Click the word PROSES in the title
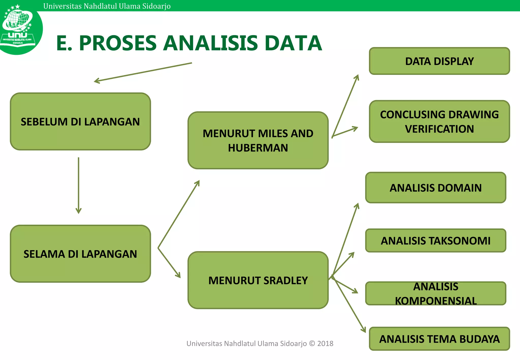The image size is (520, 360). pos(118,43)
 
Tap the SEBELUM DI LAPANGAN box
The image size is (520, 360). pos(80,121)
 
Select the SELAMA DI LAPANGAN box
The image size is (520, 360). pos(80,254)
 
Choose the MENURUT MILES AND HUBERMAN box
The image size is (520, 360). pos(258,140)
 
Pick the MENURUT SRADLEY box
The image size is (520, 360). pos(258,280)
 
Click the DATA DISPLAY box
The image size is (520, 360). pos(439,61)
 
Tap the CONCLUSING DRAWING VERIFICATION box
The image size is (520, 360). pos(439,121)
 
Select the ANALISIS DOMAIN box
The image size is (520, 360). pos(435,188)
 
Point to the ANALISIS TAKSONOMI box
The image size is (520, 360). pos(435,240)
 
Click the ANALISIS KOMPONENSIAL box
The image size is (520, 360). pos(435,293)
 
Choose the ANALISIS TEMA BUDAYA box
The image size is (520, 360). pos(439,339)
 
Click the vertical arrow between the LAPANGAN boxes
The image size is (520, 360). pos(78,185)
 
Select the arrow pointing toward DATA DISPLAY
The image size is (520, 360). pos(345,105)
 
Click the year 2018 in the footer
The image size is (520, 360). pos(325,343)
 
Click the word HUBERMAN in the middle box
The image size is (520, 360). pos(258,148)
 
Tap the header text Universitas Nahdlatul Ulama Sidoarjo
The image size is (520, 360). pos(107,6)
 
